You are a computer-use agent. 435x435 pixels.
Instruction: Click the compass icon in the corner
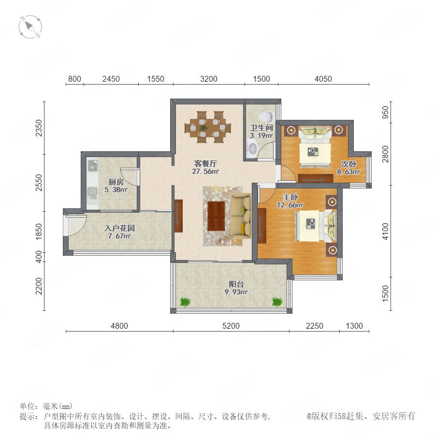(30, 27)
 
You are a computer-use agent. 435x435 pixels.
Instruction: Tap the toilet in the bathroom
(266, 116)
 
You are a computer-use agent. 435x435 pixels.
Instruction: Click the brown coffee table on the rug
(216, 216)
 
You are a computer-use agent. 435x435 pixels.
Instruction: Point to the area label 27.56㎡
(205, 172)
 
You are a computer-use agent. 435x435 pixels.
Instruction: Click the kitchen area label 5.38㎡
(116, 190)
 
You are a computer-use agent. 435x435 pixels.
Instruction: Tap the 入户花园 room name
(119, 228)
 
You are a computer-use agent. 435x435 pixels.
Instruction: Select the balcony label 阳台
(236, 284)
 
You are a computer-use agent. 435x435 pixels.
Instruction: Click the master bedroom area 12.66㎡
(290, 205)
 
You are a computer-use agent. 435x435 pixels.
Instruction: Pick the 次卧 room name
(348, 164)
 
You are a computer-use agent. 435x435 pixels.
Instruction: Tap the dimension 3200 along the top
(209, 79)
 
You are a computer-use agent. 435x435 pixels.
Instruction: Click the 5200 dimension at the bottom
(231, 326)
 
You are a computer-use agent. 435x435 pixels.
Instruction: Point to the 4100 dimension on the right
(385, 232)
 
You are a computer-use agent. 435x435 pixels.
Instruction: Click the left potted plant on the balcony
(185, 302)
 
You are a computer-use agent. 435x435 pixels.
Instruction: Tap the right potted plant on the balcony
(277, 302)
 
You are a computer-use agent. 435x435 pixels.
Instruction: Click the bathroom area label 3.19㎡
(261, 136)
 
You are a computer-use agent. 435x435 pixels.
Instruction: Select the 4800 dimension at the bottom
(119, 326)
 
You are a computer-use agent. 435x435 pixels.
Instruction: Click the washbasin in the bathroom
(252, 148)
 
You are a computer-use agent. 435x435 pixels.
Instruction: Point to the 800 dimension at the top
(74, 79)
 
